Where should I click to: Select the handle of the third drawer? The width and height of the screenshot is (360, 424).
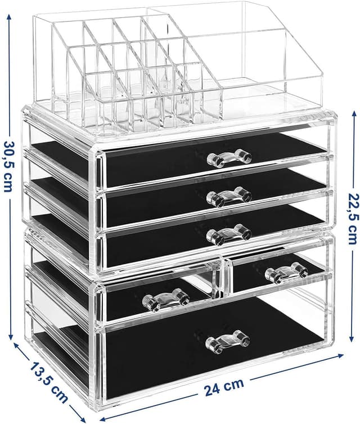[228, 234]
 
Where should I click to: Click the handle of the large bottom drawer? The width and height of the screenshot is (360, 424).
[227, 340]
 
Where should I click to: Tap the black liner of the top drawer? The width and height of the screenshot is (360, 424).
[157, 166]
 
